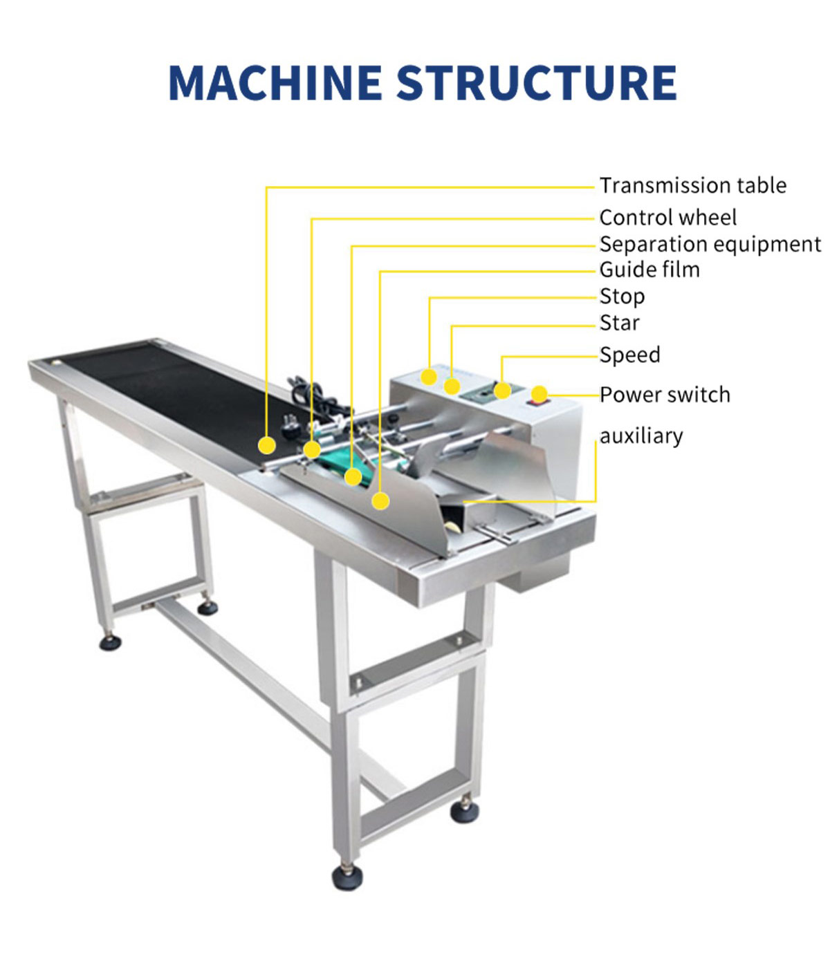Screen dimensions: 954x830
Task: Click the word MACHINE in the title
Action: [x=275, y=83]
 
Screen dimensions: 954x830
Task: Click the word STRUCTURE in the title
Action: [x=536, y=83]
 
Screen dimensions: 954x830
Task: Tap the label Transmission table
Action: [x=692, y=186]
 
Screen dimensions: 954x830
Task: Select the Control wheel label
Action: [x=667, y=218]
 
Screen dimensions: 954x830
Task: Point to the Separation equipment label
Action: [x=710, y=244]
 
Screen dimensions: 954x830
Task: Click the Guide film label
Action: [x=649, y=270]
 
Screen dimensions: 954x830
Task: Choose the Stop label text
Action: [x=622, y=297]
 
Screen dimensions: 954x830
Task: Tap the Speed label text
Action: [x=629, y=355]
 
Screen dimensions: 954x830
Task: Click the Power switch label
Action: [x=665, y=395]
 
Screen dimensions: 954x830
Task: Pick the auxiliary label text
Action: [x=641, y=436]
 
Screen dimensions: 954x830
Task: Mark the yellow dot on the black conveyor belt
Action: [x=266, y=445]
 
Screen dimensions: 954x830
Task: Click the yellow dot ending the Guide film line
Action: [x=380, y=501]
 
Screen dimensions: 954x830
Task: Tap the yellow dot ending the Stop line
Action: [x=429, y=377]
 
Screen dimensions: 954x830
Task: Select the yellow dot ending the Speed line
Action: [x=502, y=390]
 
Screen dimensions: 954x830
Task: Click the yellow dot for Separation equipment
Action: [x=353, y=477]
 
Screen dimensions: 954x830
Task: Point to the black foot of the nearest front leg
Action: [x=347, y=877]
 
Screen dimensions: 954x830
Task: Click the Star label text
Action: [x=619, y=323]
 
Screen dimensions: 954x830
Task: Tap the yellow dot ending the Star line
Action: [x=452, y=386]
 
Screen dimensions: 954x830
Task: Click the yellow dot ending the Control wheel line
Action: [x=312, y=451]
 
